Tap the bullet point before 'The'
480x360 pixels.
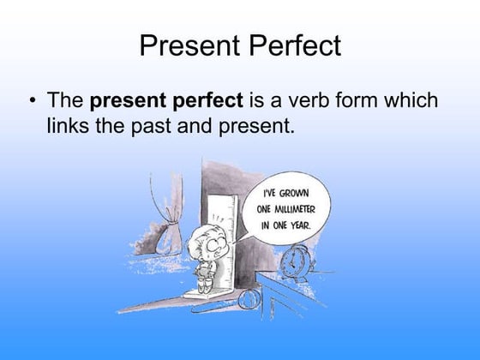[33, 101]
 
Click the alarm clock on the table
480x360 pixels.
[297, 262]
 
